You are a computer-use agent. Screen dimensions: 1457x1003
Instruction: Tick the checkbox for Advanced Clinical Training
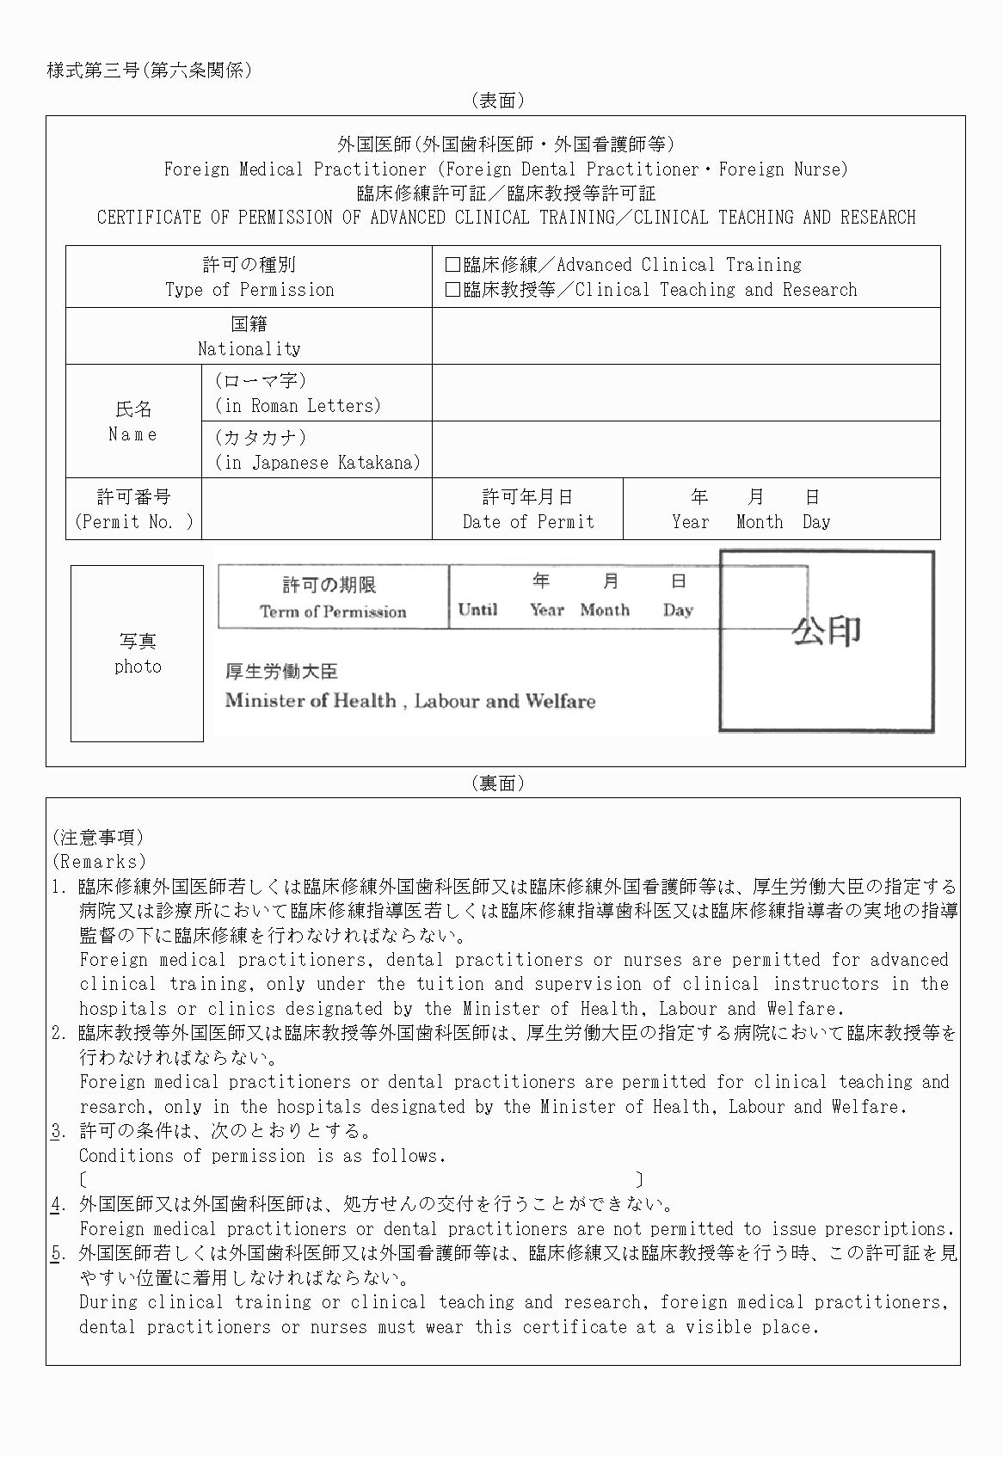tap(452, 265)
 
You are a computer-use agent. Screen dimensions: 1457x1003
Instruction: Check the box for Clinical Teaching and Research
tap(452, 290)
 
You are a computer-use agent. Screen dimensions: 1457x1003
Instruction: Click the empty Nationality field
tap(686, 336)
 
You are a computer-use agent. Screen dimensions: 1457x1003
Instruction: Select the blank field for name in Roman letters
tap(686, 393)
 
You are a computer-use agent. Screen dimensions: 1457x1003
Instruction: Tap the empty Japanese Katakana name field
tap(686, 450)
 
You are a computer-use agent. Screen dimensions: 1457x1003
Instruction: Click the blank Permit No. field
tap(317, 509)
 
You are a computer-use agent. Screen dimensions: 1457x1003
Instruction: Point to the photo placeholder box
tap(138, 654)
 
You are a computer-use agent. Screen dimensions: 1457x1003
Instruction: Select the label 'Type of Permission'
tap(249, 290)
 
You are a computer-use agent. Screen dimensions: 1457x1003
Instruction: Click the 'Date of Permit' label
tap(528, 522)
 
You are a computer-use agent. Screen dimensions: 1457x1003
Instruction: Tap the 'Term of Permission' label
tap(333, 612)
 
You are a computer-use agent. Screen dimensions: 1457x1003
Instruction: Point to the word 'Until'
tap(477, 610)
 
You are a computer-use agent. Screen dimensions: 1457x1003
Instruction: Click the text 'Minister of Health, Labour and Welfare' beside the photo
tap(410, 701)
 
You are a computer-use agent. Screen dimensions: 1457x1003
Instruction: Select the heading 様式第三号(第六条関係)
tap(150, 71)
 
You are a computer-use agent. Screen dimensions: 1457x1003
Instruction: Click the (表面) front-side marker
tap(498, 101)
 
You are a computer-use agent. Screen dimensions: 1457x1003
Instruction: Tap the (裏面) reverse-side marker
tap(498, 784)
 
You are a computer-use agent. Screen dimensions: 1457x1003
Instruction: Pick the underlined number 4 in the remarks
tap(57, 1204)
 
